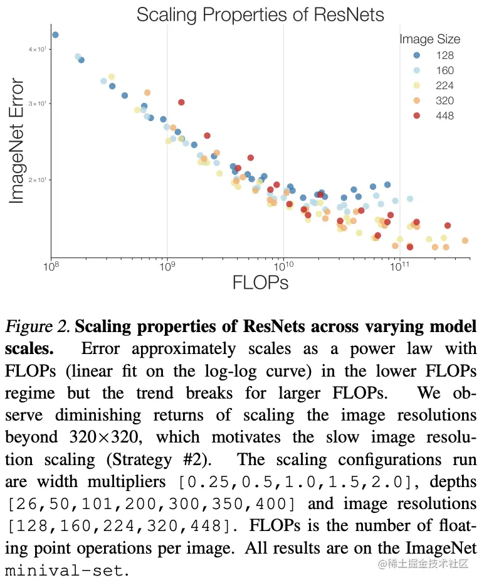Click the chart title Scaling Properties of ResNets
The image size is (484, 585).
[x=260, y=14]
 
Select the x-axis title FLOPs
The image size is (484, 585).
[x=260, y=282]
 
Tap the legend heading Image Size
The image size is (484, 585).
[x=429, y=39]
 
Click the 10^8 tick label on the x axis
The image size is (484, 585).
[x=51, y=267]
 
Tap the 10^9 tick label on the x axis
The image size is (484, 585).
[x=167, y=267]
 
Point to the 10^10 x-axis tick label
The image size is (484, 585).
[x=283, y=267]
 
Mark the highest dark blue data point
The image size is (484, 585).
[x=55, y=35]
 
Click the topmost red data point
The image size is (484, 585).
[x=181, y=102]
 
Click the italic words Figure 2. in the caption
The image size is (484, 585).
[x=38, y=328]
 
